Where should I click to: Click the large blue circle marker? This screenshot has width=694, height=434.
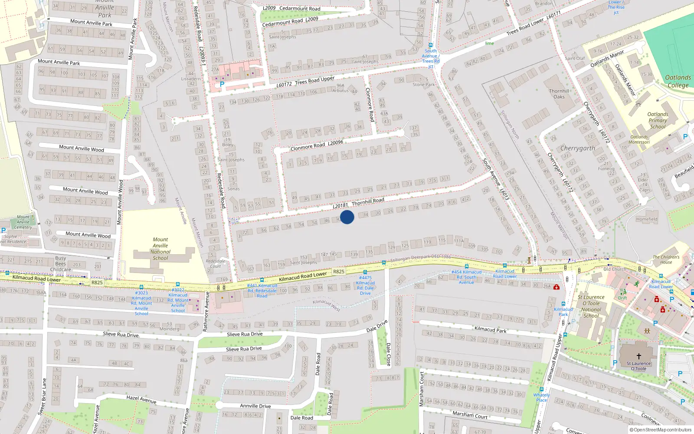tap(347, 217)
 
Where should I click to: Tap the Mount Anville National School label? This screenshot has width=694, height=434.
tap(160, 249)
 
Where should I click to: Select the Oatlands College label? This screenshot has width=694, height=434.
tap(678, 81)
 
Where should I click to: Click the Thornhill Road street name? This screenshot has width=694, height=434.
tap(368, 201)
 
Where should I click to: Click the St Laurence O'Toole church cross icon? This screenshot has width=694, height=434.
tap(638, 356)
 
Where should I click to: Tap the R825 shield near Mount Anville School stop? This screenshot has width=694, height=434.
tap(97, 283)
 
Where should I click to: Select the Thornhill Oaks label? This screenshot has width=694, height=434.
tap(559, 94)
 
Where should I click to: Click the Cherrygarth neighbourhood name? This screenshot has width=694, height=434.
tap(577, 148)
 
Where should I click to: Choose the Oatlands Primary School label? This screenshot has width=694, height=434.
tap(658, 121)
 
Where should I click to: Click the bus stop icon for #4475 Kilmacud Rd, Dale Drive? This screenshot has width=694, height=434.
tap(365, 273)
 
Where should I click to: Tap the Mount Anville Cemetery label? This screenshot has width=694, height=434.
tap(23, 222)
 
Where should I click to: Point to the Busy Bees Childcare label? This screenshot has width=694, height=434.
tap(61, 263)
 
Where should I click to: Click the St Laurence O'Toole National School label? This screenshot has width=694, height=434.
tap(591, 306)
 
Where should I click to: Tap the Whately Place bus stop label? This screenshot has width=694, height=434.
tap(541, 397)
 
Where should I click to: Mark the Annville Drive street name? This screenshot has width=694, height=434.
tap(255, 406)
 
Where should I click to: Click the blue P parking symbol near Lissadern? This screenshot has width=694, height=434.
tap(222, 85)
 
